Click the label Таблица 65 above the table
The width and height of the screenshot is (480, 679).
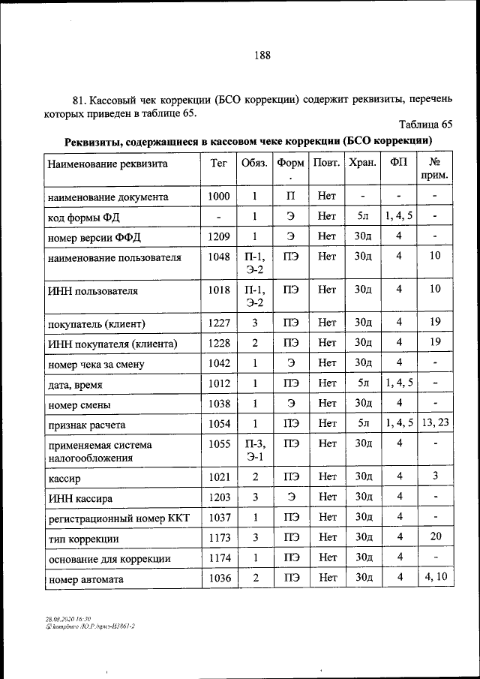tap(426, 125)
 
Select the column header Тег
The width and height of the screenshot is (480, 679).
tap(218, 163)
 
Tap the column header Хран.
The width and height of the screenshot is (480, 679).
tap(363, 163)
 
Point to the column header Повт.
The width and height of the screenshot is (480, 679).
tap(326, 163)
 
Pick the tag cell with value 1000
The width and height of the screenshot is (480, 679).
tap(218, 197)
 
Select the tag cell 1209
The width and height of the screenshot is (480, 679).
tap(218, 236)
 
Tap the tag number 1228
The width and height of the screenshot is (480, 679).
tap(218, 343)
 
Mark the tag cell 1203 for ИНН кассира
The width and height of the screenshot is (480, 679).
tap(218, 496)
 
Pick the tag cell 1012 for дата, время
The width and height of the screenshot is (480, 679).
tap(218, 383)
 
